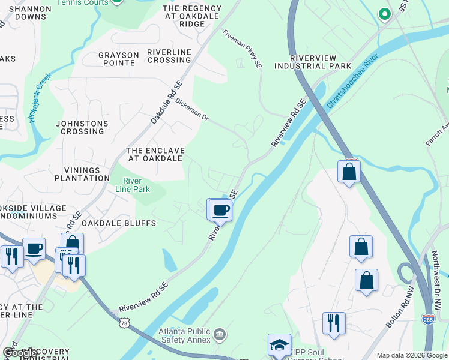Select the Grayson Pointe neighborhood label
click(116, 59)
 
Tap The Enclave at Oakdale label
click(155, 154)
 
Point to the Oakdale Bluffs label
click(119, 223)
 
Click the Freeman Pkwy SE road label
click(243, 49)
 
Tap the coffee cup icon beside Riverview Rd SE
click(220, 210)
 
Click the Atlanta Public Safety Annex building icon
click(220, 334)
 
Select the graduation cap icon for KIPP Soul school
click(279, 345)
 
